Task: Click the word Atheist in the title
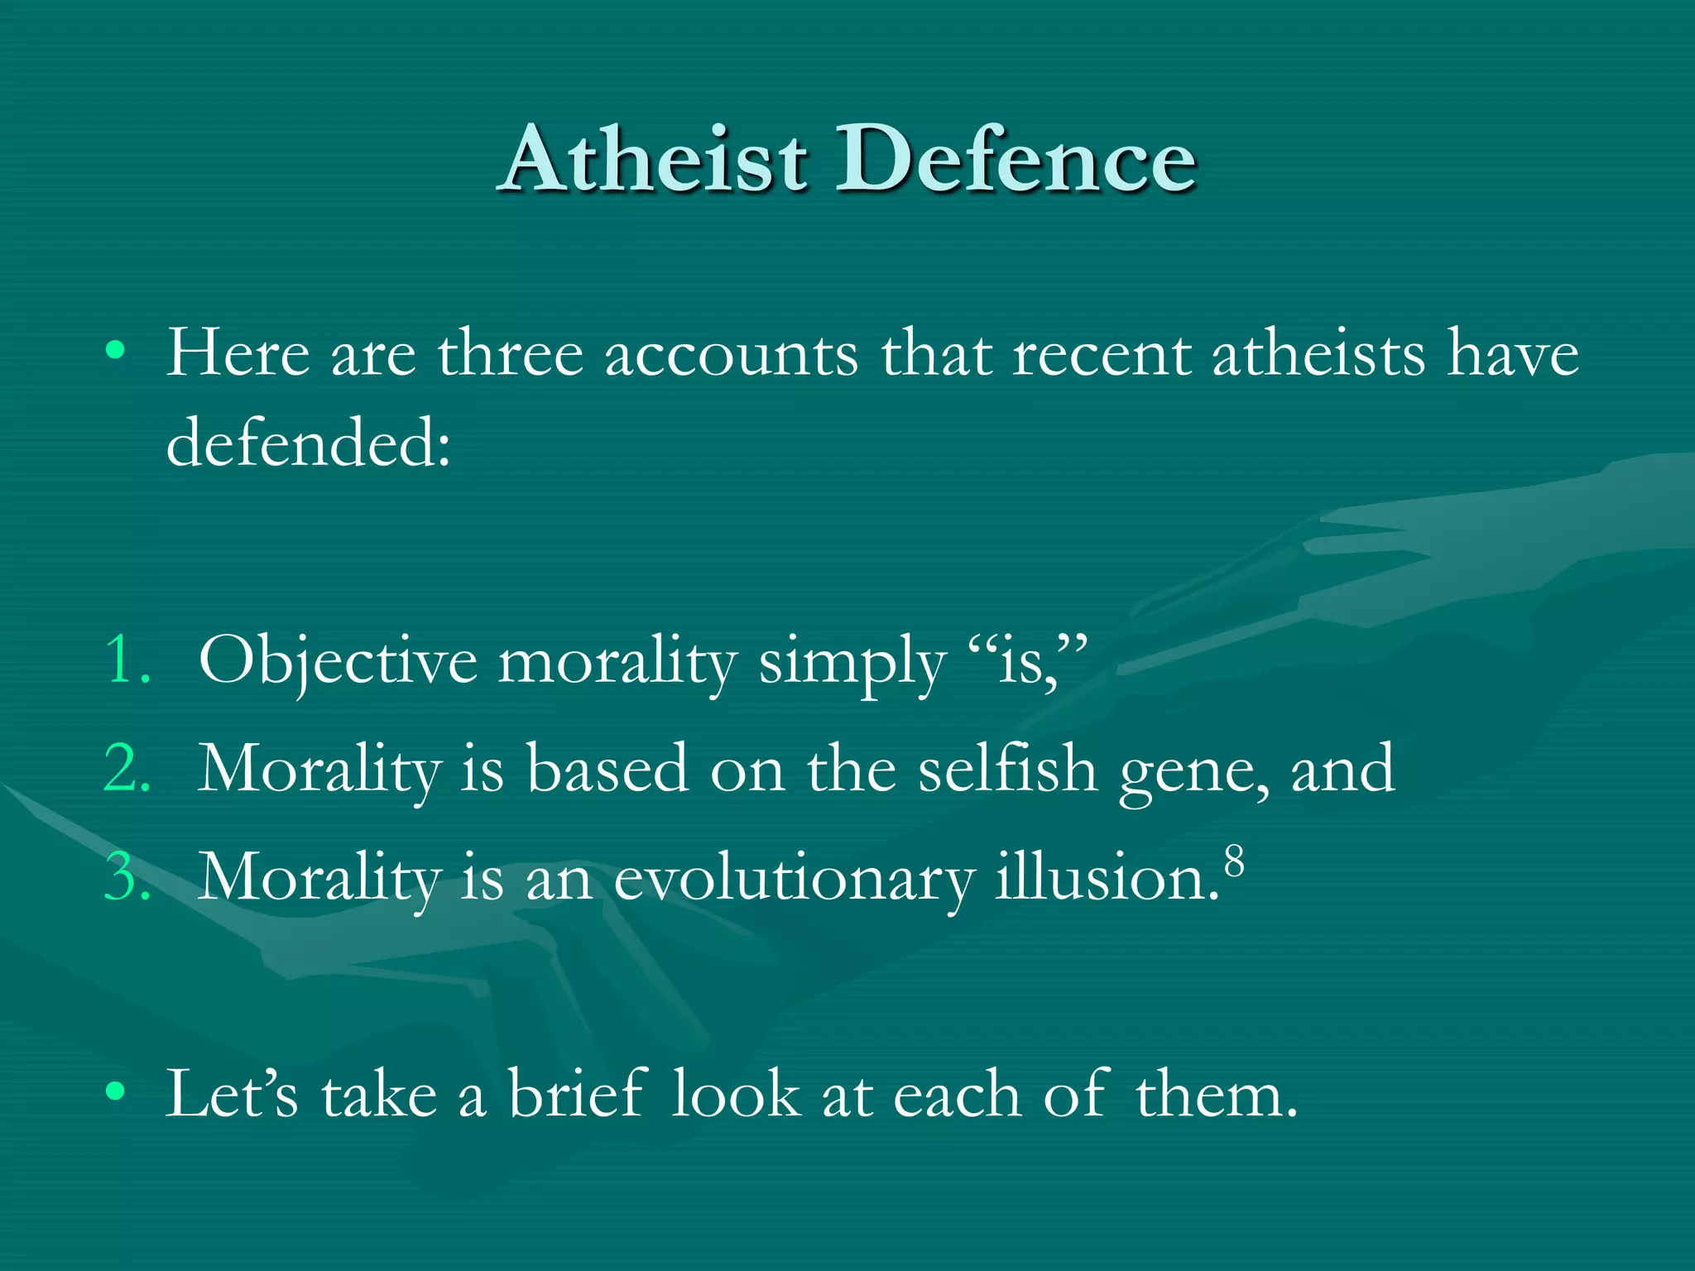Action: pyautogui.click(x=654, y=159)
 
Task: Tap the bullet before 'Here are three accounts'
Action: pyautogui.click(x=115, y=352)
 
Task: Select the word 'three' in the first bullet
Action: pyautogui.click(x=510, y=354)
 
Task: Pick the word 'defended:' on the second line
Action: pyautogui.click(x=309, y=443)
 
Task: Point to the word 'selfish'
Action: pyautogui.click(x=1007, y=769)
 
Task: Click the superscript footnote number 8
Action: pyautogui.click(x=1234, y=861)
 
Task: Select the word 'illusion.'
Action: pyautogui.click(x=1107, y=877)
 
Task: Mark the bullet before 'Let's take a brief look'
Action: pyautogui.click(x=115, y=1092)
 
